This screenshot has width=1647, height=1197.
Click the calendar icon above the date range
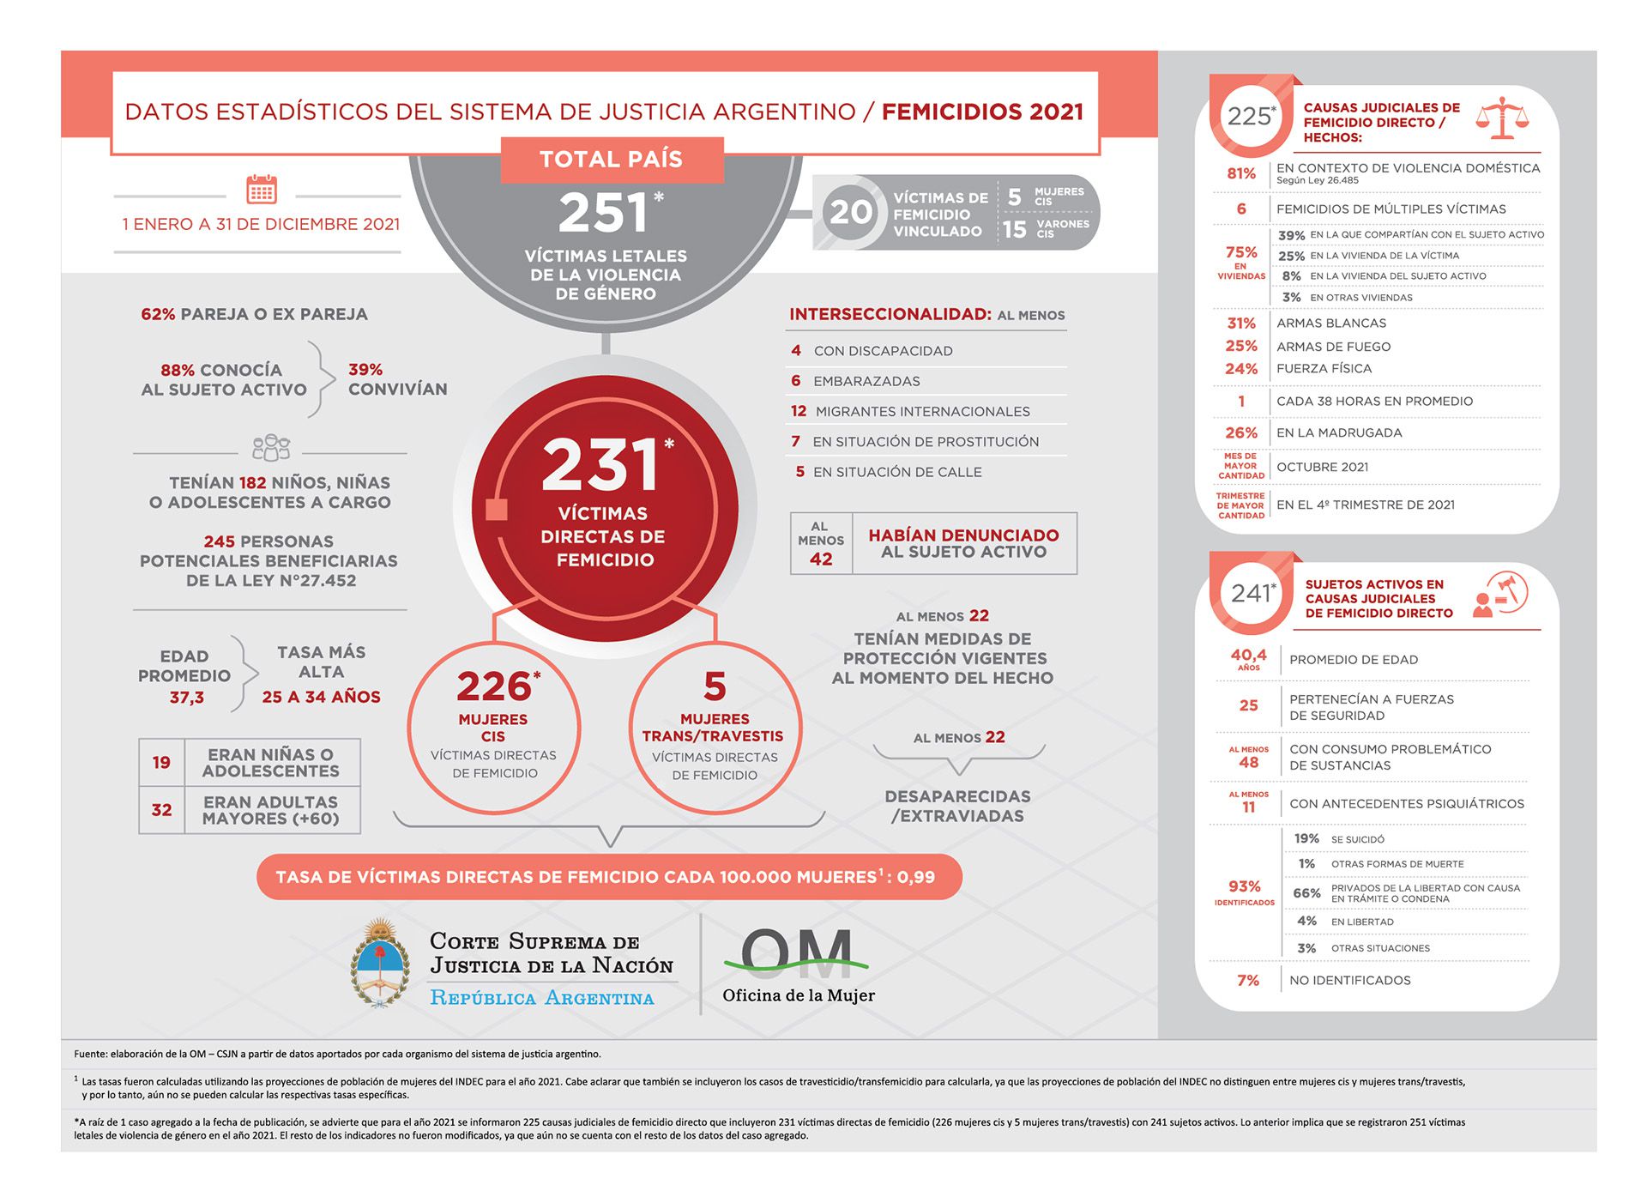261,189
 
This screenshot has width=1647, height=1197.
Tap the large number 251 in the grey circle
602,213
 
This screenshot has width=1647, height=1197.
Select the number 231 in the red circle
600,464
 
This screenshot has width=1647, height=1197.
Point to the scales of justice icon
1502,118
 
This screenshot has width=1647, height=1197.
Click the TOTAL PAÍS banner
612,160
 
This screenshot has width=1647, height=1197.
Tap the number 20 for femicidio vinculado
850,212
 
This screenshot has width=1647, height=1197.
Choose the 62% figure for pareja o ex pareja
158,314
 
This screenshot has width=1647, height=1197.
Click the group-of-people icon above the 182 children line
271,447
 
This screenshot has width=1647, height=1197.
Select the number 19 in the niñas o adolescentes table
161,762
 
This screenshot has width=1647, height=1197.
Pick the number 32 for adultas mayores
161,809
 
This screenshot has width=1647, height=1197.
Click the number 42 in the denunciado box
821,559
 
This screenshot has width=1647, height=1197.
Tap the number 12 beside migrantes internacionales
799,411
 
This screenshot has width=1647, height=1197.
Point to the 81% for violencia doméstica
1240,173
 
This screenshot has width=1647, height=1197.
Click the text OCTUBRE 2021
1322,467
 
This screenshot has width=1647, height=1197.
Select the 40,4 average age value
1248,655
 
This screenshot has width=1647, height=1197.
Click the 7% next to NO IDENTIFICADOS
1248,980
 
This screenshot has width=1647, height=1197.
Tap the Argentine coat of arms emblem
379,964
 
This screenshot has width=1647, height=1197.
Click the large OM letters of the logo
796,953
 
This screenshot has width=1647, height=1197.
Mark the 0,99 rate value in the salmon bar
916,877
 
